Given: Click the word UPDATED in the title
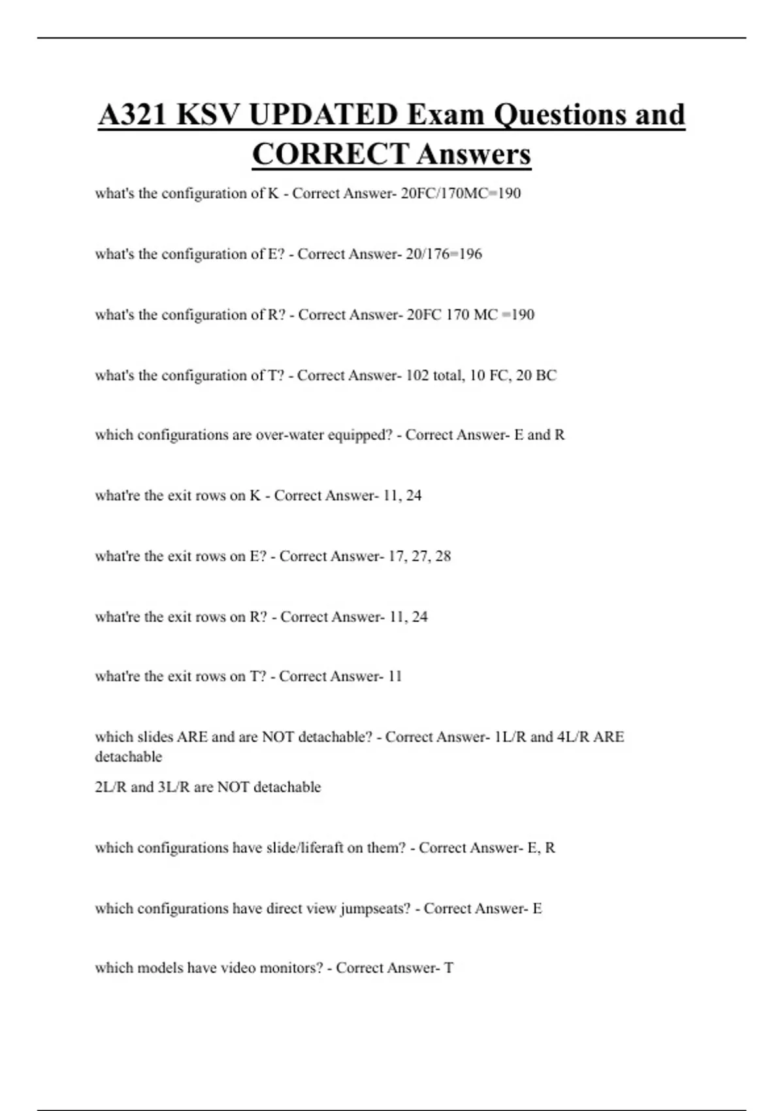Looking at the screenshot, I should [323, 115].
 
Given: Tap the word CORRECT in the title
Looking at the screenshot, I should [330, 155].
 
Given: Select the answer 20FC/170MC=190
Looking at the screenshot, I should [461, 193].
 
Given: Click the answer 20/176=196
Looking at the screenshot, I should [444, 254].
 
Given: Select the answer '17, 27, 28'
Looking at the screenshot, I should [419, 557].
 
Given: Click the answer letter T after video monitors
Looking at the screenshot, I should [449, 968].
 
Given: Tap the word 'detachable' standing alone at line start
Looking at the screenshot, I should [128, 757].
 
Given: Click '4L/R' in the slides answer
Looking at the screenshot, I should [573, 737].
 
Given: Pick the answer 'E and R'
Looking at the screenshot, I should [540, 435].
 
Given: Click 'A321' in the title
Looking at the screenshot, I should [133, 115].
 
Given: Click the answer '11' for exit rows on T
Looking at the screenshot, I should [395, 676].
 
